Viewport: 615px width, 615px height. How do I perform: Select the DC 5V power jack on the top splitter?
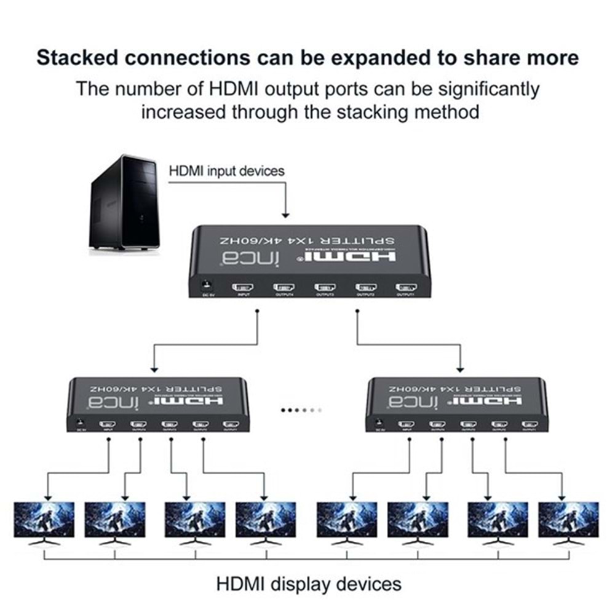[x=207, y=285]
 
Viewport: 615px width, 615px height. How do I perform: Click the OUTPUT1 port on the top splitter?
[x=406, y=287]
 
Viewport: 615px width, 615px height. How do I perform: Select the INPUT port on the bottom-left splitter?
[x=108, y=424]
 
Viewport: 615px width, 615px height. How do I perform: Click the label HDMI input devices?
[x=227, y=170]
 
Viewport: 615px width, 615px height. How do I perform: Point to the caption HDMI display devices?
[x=309, y=583]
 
